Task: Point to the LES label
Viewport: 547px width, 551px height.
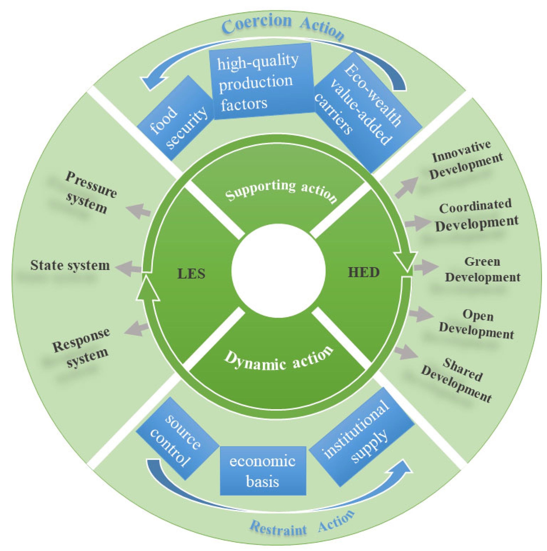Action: [x=191, y=274]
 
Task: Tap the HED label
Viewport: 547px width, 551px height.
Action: [x=363, y=273]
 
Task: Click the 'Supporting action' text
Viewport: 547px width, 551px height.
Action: [x=281, y=191]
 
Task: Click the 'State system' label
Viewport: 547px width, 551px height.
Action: [x=70, y=265]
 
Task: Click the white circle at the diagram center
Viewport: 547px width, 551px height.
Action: [x=278, y=271]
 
